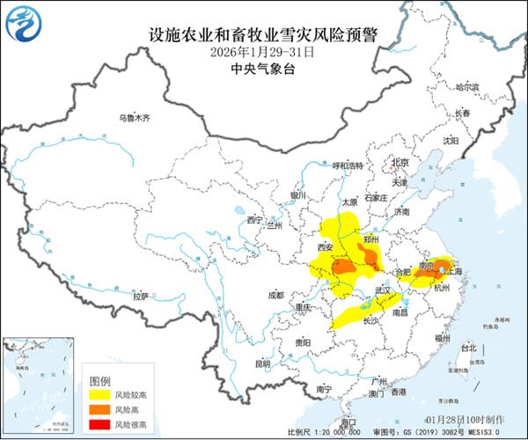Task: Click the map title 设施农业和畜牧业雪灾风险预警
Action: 263,35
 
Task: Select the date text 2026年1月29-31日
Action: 263,53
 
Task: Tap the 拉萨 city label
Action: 141,297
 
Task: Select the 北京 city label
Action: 401,163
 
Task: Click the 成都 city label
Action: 276,295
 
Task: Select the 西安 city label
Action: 323,247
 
